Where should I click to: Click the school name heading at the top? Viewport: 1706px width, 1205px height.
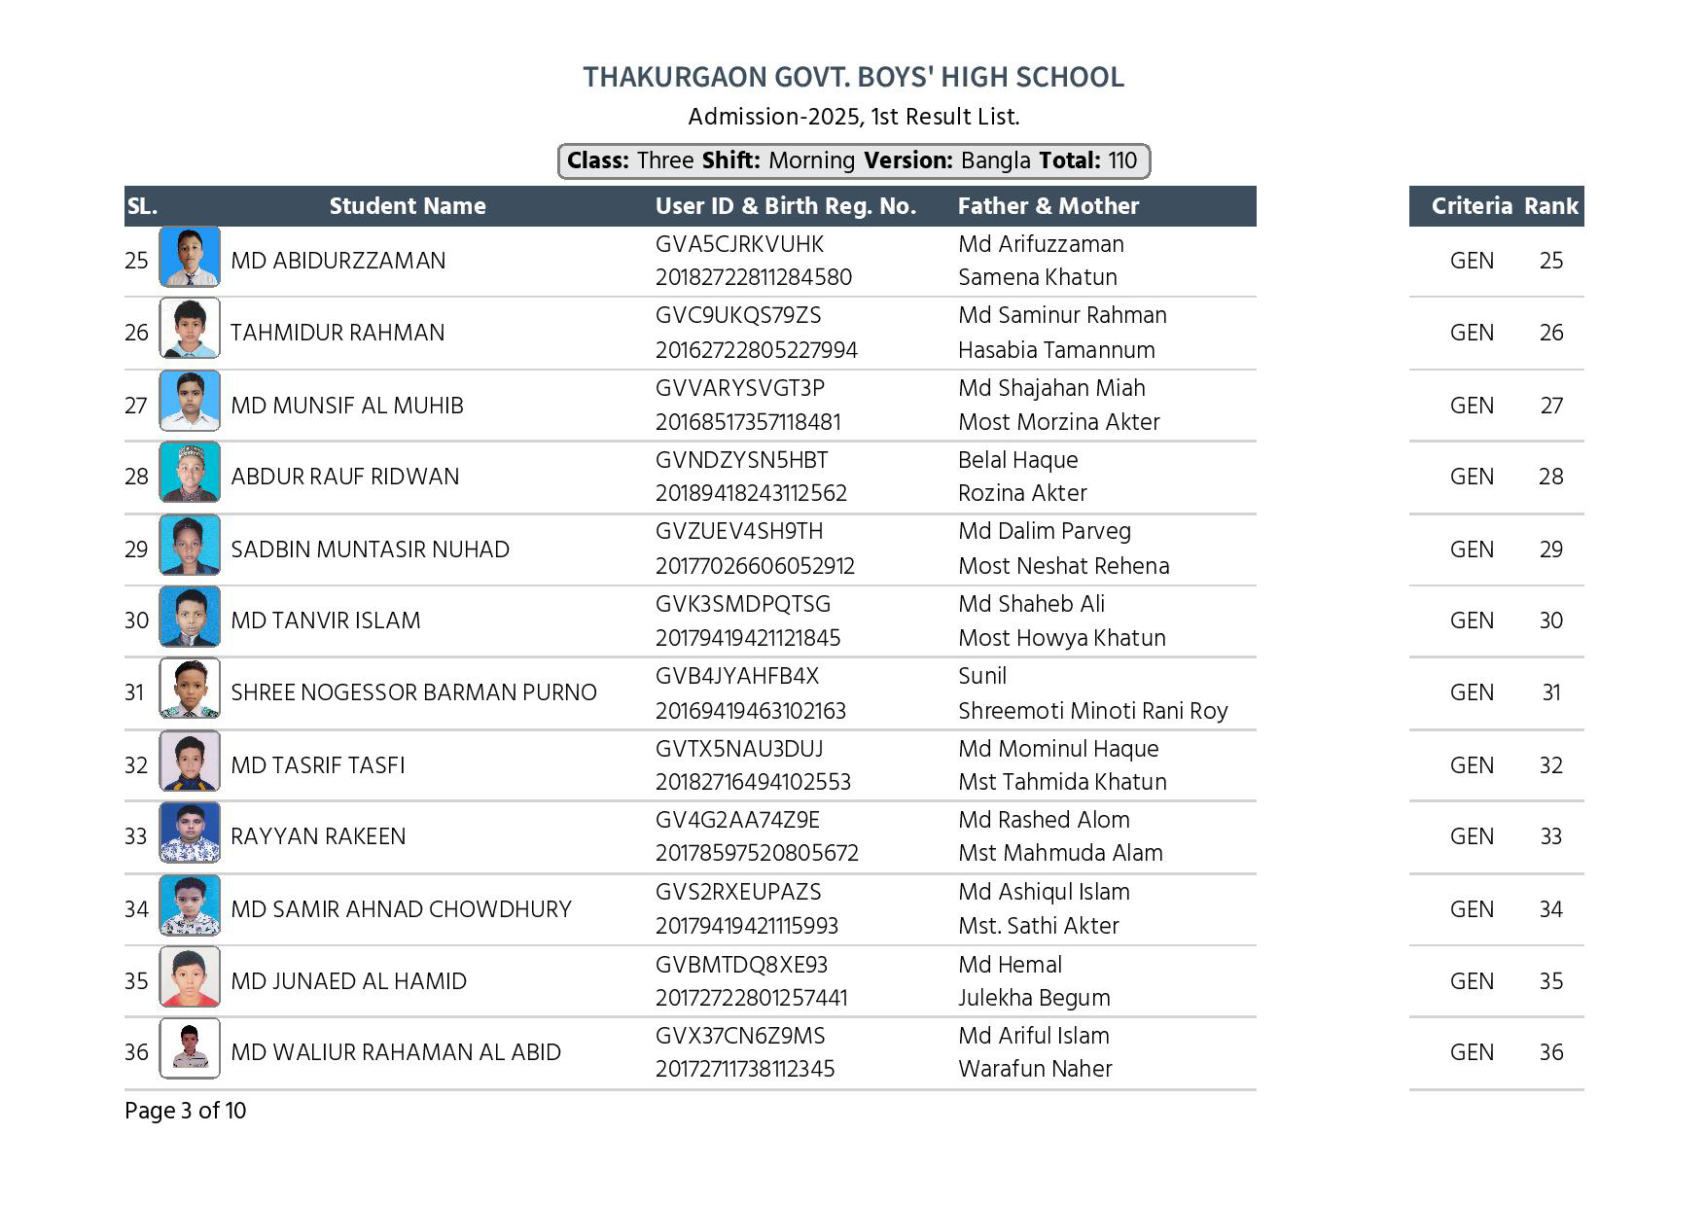click(x=853, y=77)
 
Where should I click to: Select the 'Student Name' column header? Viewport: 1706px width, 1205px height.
click(x=407, y=206)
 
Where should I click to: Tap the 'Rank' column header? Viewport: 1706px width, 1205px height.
click(x=1550, y=206)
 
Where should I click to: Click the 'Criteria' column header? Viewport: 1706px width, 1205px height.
click(x=1471, y=206)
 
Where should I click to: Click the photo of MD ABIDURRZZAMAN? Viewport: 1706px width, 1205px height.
click(x=190, y=258)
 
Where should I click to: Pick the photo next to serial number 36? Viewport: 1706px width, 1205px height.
click(x=190, y=1048)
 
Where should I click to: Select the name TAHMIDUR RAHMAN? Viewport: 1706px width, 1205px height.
click(x=338, y=333)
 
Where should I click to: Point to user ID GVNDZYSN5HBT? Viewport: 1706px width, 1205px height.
click(x=741, y=460)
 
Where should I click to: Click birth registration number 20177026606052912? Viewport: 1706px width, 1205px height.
click(x=755, y=566)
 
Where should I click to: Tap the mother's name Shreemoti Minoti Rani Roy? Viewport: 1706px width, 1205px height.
click(x=1092, y=711)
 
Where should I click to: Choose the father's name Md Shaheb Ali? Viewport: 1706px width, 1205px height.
click(x=1031, y=604)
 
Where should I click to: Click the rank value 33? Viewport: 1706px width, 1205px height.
click(x=1550, y=836)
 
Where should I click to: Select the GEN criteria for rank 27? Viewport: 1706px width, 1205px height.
click(x=1471, y=406)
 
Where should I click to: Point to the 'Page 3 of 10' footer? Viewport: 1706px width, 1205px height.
click(x=185, y=1111)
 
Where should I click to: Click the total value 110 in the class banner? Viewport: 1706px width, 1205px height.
click(x=1121, y=160)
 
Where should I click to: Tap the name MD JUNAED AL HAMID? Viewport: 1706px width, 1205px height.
click(x=348, y=981)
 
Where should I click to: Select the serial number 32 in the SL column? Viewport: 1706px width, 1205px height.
click(x=136, y=765)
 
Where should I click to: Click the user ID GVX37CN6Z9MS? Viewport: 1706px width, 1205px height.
click(x=740, y=1036)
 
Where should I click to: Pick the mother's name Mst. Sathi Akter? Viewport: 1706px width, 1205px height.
click(x=1038, y=926)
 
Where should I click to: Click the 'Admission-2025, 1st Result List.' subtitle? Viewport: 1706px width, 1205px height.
click(x=853, y=117)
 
